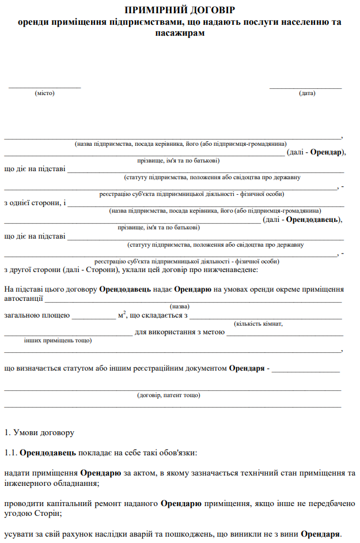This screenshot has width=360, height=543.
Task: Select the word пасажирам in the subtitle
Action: click(x=180, y=32)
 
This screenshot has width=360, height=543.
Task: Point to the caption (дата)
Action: click(x=306, y=93)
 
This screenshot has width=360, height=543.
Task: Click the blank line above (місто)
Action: click(x=44, y=88)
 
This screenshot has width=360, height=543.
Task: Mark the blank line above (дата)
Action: click(x=306, y=88)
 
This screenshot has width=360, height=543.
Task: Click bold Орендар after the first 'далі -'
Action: click(x=327, y=152)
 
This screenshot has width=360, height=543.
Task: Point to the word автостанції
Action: click(x=23, y=299)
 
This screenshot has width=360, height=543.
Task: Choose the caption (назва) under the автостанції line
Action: click(x=180, y=307)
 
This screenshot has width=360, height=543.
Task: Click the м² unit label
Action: click(x=121, y=315)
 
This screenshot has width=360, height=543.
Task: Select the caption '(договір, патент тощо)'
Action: click(x=169, y=395)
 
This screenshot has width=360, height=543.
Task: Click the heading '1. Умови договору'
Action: click(x=39, y=432)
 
